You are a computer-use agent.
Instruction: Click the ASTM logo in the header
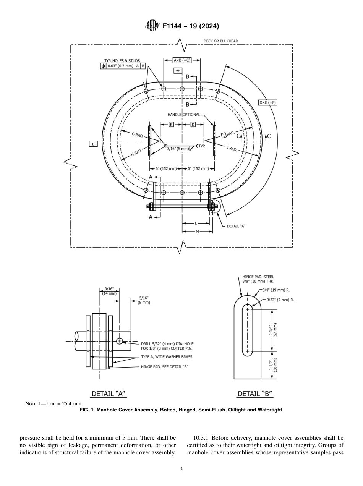click(x=152, y=26)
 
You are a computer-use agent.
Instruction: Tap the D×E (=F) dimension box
click(x=267, y=102)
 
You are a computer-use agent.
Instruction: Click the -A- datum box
click(x=178, y=71)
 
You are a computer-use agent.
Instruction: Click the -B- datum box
click(x=93, y=144)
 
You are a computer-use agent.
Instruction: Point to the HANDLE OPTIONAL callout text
click(x=183, y=115)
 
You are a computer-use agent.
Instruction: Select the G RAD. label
click(x=138, y=134)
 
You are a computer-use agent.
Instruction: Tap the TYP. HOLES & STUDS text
click(x=122, y=60)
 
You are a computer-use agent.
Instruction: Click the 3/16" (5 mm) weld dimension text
click(x=178, y=148)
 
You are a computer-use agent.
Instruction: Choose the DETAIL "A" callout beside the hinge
click(x=236, y=226)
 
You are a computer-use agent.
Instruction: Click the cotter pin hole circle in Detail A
click(x=120, y=341)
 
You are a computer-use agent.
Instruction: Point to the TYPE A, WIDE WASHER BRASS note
click(x=167, y=357)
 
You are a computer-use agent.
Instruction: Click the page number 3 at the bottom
click(x=181, y=469)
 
